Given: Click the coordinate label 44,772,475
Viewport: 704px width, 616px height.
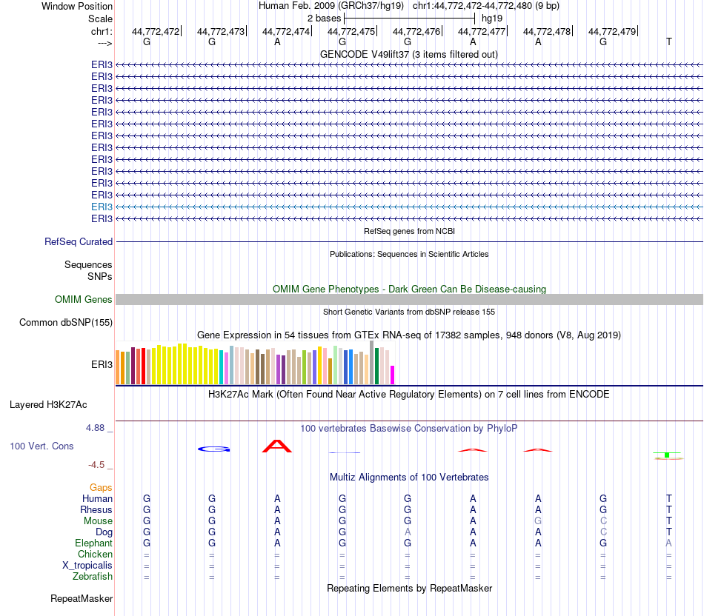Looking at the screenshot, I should (x=351, y=31).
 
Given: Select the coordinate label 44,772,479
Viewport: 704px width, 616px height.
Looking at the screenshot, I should (x=612, y=31).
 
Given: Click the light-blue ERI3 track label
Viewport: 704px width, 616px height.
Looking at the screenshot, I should (x=102, y=207).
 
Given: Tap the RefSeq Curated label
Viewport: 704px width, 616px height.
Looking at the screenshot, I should (x=79, y=241).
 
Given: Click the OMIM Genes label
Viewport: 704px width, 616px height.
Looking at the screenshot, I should (x=84, y=300).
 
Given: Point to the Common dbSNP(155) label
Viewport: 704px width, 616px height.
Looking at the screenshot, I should (x=66, y=322).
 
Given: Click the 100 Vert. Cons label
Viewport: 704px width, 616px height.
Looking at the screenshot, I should (x=41, y=446).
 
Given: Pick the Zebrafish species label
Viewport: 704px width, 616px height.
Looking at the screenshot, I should (x=93, y=576).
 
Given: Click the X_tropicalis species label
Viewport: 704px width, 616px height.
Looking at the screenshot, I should (x=87, y=565).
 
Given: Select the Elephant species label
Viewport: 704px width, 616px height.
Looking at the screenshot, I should (x=93, y=543).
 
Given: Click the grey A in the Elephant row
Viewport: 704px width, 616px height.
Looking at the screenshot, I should (x=668, y=543).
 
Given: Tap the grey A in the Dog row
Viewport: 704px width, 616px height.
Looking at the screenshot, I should (x=408, y=532).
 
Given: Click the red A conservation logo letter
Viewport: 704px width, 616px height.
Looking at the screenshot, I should (x=277, y=446).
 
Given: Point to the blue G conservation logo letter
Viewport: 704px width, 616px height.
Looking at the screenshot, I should (x=213, y=449).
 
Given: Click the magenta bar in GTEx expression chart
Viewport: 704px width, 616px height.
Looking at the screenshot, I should (x=393, y=375).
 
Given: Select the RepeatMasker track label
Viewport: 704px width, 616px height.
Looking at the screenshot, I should (x=82, y=598).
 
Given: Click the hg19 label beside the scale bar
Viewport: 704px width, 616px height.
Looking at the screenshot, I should (x=492, y=17).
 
